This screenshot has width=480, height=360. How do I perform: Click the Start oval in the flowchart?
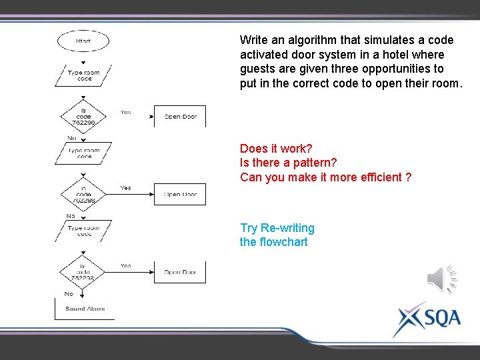coord(83,41)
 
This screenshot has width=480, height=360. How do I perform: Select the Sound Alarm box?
coord(85,309)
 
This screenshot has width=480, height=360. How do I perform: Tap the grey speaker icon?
coord(442,279)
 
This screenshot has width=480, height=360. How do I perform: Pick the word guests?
coord(257,69)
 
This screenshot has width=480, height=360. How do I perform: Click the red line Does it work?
coord(276,148)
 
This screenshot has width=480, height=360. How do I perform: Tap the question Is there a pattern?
coord(289,163)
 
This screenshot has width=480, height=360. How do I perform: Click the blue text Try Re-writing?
coord(277,228)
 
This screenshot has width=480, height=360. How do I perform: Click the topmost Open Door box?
coord(180,116)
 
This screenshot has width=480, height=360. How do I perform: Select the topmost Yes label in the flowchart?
coord(125,112)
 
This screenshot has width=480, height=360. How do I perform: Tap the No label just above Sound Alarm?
coord(69,294)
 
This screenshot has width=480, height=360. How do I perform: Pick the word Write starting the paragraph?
coord(254,40)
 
